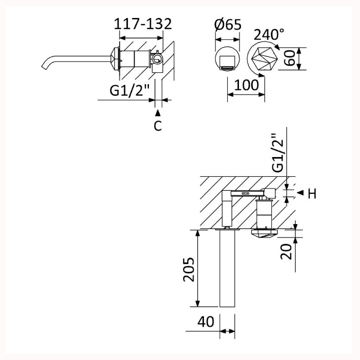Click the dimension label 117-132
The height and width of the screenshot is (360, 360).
[143, 24]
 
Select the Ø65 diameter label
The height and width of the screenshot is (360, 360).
[228, 25]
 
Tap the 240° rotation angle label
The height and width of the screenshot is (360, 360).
[269, 35]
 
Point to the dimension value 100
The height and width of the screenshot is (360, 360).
[247, 85]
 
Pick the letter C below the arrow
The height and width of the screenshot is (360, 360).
[158, 126]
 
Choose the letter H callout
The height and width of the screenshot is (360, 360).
[312, 193]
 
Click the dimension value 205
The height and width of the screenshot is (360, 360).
[189, 269]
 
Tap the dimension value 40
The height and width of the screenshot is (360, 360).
[206, 321]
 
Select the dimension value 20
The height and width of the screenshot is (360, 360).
[286, 252]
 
